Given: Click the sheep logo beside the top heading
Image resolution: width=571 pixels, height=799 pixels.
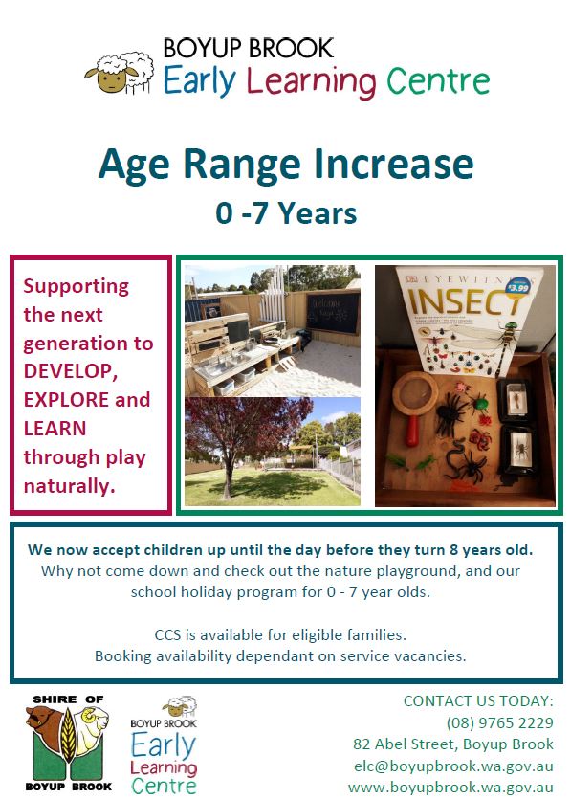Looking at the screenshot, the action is pos(120,73).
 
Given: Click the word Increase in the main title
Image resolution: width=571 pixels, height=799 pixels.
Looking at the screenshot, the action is pos(394,164).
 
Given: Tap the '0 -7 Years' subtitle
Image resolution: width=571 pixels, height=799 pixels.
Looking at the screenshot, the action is pos(286,213).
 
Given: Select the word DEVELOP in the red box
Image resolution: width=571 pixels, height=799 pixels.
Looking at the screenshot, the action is pos(70,371).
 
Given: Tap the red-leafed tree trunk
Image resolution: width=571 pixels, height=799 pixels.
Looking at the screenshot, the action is pos(228,477).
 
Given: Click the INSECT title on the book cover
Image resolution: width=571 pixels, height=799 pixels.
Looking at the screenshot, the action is pos(465,301).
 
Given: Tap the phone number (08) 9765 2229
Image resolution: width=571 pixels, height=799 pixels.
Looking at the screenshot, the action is pos(499,722).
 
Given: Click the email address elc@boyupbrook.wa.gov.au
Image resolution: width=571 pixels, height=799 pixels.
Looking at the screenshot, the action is pos(453,766).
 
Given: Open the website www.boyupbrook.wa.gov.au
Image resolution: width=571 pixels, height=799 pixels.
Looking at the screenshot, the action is pos(450,788).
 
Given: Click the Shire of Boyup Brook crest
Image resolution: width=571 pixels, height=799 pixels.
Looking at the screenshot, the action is pos(68,743).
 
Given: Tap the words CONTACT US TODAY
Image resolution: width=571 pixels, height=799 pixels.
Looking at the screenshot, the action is pos(478,701).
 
